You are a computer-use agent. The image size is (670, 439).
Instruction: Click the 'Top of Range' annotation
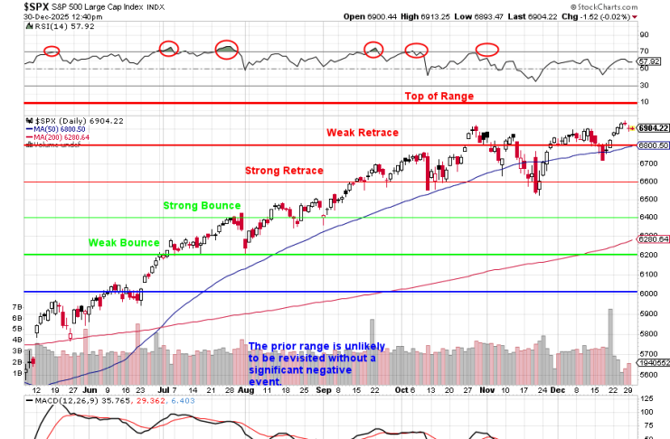[439, 96]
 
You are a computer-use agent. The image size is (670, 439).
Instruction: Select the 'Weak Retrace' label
[363, 132]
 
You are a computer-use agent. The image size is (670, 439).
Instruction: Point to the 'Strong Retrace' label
[284, 170]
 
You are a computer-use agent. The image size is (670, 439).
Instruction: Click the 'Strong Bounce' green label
[202, 205]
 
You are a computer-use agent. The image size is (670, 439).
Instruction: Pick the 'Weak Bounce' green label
[124, 242]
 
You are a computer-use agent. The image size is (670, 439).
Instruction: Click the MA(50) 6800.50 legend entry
[61, 129]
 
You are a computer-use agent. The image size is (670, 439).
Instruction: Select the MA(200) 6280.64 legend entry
[62, 136]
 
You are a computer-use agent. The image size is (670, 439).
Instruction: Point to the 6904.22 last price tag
[651, 128]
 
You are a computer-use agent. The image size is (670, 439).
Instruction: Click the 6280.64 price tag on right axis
[651, 239]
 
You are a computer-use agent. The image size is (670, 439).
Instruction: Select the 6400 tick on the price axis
[647, 217]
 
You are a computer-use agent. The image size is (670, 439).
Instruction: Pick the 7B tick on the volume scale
[15, 308]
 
